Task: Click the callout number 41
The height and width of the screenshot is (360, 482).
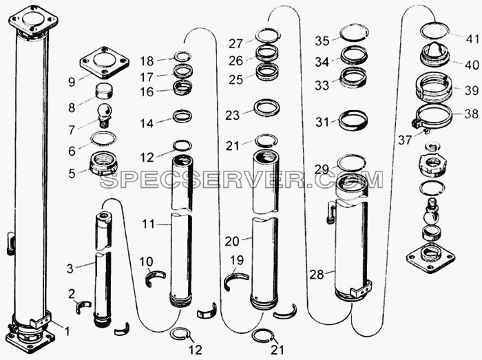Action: coord(472,39)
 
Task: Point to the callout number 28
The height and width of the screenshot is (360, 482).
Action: coord(317,274)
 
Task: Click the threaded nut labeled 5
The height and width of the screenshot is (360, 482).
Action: coord(103,164)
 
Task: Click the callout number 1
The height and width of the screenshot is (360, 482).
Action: coord(67,331)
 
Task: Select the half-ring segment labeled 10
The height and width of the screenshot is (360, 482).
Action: coord(155,277)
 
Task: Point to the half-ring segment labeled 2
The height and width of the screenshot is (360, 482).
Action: coord(83,306)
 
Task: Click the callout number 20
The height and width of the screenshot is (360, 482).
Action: coord(232,241)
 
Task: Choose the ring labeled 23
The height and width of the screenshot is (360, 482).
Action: coord(266,107)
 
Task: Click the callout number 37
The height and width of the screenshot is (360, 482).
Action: coord(405,140)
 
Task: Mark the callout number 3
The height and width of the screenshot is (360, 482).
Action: coord(70,268)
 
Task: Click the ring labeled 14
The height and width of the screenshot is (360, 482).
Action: coord(182,116)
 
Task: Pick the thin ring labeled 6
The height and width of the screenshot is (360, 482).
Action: coord(103,138)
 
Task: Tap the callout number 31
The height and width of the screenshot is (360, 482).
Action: coord(322,123)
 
